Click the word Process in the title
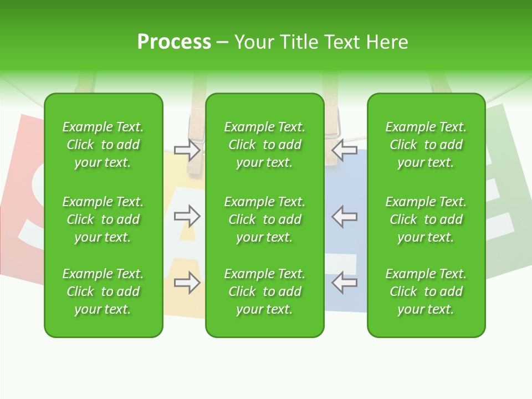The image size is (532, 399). pyautogui.click(x=174, y=42)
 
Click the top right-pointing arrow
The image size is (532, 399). pyautogui.click(x=187, y=150)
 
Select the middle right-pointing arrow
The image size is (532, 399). pyautogui.click(x=187, y=216)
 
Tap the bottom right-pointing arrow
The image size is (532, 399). pyautogui.click(x=187, y=283)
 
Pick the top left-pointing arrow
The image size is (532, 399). pyautogui.click(x=345, y=150)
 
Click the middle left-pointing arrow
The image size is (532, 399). pyautogui.click(x=345, y=216)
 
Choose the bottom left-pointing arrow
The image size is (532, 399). pyautogui.click(x=345, y=283)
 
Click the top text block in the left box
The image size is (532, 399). pyautogui.click(x=103, y=145)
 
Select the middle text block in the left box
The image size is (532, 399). pyautogui.click(x=103, y=219)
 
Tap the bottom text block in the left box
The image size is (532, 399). pyautogui.click(x=103, y=291)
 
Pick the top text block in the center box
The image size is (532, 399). pyautogui.click(x=265, y=145)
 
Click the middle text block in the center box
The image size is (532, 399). pyautogui.click(x=265, y=219)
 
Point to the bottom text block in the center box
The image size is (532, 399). pyautogui.click(x=265, y=291)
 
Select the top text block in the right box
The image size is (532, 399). pyautogui.click(x=426, y=145)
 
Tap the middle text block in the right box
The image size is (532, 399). pyautogui.click(x=426, y=219)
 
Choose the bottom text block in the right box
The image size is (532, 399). pyautogui.click(x=426, y=291)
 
